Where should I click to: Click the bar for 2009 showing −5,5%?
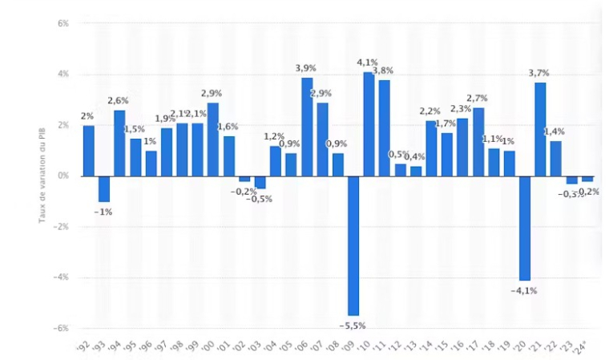coord(353,245)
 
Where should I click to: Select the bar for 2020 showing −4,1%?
coord(524,227)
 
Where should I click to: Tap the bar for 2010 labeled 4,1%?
coord(369,123)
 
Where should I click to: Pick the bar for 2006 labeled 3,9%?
coord(306,126)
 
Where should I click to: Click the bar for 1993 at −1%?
coord(103,188)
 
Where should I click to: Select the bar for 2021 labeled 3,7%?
coord(540,128)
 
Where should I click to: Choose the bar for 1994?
coord(119,143)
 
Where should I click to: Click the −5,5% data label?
coord(352,326)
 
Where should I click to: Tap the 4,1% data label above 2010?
coord(368,63)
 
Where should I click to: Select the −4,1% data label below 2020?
coord(524,290)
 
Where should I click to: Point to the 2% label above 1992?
coord(87,116)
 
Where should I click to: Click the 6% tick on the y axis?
coord(63,23)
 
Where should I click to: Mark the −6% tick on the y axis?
coord(62,328)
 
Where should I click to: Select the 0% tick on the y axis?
coord(63,176)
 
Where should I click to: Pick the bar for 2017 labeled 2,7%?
coord(478,141)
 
